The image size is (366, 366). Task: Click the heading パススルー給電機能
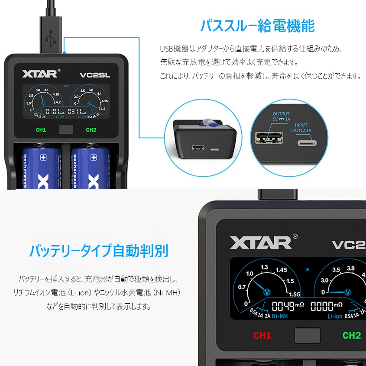tap(257, 26)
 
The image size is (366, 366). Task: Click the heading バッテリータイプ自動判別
tap(99, 250)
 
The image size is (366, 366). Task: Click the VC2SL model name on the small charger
tap(95, 74)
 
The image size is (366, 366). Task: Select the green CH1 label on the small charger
tap(41, 130)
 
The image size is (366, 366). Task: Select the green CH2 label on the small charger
tap(91, 130)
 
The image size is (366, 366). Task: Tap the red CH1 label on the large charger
tap(262, 335)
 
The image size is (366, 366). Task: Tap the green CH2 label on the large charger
tap(351, 335)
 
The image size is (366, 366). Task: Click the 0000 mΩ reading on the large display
tap(326, 307)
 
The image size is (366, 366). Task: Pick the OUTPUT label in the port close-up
tap(281, 114)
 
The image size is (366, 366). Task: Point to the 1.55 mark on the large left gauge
tap(295, 295)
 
